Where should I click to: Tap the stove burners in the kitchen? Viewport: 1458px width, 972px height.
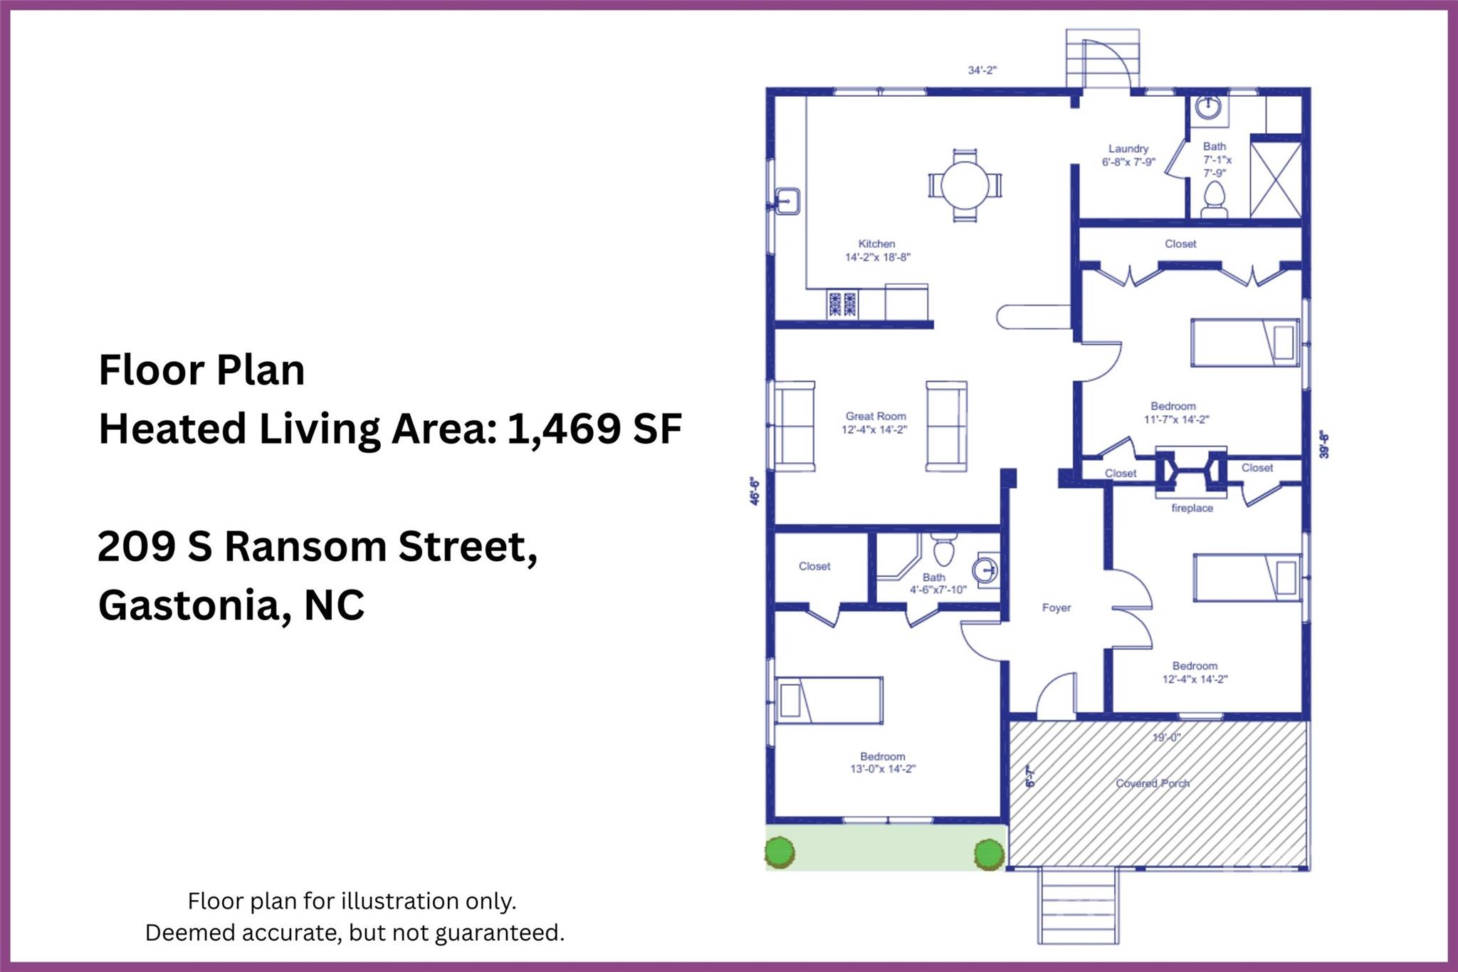coord(842,304)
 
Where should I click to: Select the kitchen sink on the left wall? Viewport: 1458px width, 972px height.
coord(787,202)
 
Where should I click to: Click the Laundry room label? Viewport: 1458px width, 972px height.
coord(1128,149)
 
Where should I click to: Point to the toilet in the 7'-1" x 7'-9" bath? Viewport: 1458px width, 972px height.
coord(1214,199)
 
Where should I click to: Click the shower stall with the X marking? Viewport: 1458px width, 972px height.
coord(1276,179)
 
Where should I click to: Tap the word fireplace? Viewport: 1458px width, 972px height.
coord(1192,508)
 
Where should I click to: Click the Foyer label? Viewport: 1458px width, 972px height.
coord(1056,607)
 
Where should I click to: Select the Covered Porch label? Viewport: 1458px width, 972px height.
coord(1152,783)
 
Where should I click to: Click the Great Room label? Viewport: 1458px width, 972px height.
coord(876,416)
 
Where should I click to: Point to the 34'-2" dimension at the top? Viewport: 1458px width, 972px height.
coord(982,70)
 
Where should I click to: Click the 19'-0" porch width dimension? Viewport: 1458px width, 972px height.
coord(1166,738)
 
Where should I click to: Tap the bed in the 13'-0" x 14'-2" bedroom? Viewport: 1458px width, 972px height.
coord(829,700)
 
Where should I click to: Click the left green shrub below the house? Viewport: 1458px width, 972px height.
coord(780,852)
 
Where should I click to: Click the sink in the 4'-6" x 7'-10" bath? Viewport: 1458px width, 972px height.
coord(986,570)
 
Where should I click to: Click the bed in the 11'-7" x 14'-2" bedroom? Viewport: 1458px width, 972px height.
coord(1245,343)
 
